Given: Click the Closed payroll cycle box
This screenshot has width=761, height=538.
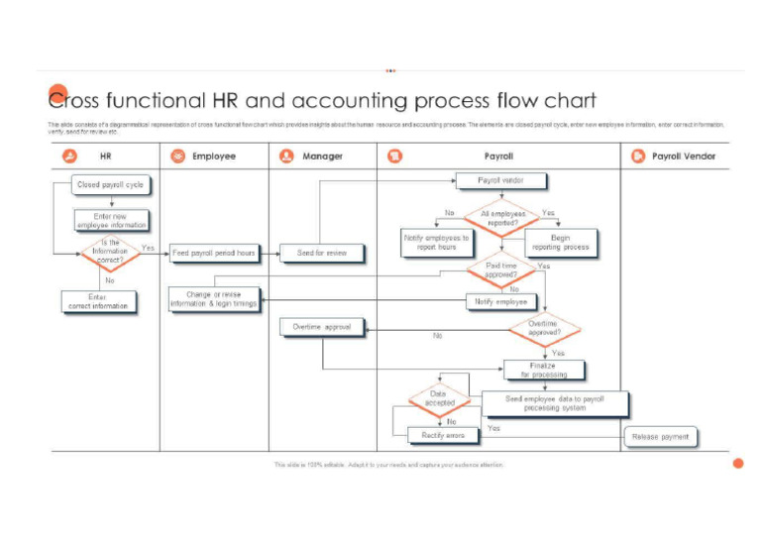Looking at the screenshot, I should coord(110,184).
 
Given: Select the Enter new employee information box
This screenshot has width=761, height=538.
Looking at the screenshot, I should coord(111,221).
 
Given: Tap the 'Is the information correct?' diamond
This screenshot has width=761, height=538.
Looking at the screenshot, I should coord(110,253).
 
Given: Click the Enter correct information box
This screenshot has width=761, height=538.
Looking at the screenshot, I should coord(97,301).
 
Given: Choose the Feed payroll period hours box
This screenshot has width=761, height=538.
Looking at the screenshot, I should coord(213,254).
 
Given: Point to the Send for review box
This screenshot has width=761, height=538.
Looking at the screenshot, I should coord(322,254).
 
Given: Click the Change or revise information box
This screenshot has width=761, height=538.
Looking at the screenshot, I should coord(213,299).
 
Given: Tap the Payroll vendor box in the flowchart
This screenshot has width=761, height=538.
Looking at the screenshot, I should coord(500,180).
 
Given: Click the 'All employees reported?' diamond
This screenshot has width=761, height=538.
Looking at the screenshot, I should coord(502,219).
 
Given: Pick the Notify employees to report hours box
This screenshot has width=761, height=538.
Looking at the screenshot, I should coord(436,243).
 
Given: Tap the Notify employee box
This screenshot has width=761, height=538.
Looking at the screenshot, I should coord(500,301).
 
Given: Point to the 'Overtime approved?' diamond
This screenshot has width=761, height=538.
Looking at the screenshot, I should coord(543,329).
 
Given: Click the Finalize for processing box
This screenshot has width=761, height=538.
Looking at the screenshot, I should coord(544,370).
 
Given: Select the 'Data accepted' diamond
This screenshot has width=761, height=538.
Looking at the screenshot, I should coord(439,399).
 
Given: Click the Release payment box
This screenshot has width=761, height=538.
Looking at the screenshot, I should coord(661,436).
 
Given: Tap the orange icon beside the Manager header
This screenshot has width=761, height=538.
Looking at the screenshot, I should coord(286,156).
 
